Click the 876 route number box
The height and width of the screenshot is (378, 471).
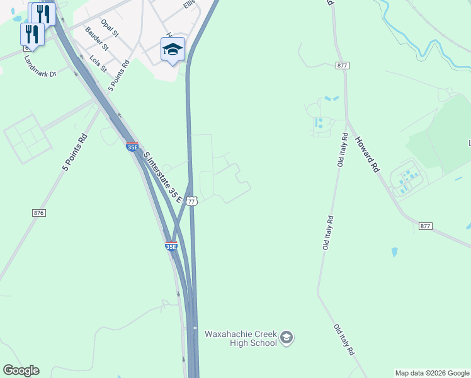[x=39, y=213]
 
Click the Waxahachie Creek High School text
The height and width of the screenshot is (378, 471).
[x=241, y=338]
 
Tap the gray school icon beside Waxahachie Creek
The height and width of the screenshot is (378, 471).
[x=287, y=338]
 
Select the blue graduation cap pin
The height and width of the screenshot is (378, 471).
[x=173, y=49]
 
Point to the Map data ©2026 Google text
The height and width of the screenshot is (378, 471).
[x=432, y=373]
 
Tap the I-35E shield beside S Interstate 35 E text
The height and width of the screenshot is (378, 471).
[x=132, y=147]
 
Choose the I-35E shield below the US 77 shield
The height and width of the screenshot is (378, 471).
[x=171, y=246]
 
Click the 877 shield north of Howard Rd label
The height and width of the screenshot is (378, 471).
[x=343, y=65]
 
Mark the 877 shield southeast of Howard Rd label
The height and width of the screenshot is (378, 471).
[x=426, y=226]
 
